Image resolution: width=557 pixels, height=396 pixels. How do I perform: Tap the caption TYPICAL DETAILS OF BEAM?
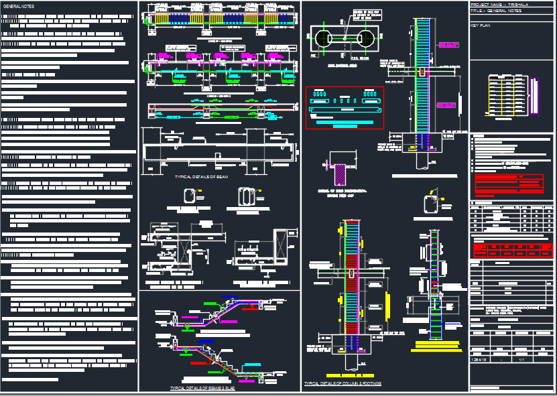pos(201,177)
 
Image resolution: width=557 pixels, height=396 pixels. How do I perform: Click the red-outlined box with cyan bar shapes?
pos(345,107)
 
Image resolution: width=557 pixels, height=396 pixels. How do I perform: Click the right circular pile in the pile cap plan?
pos(368,38)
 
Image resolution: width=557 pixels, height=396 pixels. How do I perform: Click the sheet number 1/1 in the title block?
pos(522,360)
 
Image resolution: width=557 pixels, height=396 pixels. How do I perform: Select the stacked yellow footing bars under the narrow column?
pos(436,346)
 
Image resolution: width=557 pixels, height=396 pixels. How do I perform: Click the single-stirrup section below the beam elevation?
pos(191,197)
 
